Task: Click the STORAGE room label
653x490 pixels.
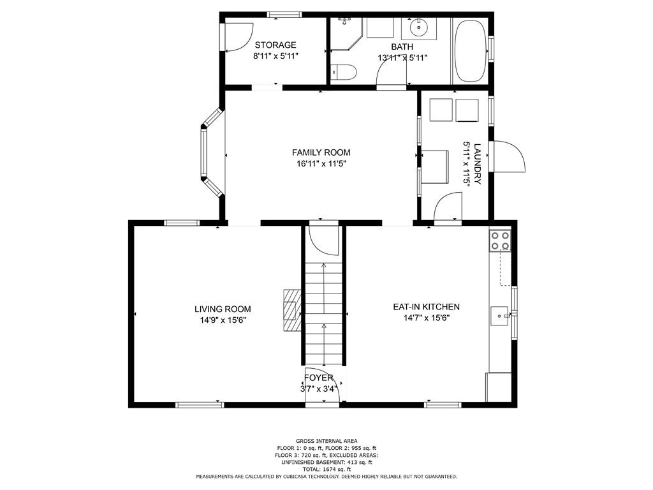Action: [x=275, y=45]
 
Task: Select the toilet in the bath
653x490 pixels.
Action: [x=344, y=73]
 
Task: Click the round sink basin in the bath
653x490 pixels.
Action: [x=418, y=28]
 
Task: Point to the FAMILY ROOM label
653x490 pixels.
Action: [x=321, y=152]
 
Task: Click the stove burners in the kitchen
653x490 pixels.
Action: [x=500, y=241]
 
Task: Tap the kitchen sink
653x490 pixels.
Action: [x=500, y=316]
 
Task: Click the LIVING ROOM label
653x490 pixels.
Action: [x=223, y=309]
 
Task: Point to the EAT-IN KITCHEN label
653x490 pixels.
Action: [x=427, y=307]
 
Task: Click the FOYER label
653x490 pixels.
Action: [x=319, y=378]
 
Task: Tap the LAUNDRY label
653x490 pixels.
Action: [x=477, y=164]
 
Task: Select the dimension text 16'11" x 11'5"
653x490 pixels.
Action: [x=321, y=164]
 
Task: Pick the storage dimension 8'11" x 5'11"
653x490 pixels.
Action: [x=275, y=56]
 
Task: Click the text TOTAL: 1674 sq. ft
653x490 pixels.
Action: [x=326, y=469]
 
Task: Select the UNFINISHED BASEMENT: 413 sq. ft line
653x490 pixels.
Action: [x=326, y=462]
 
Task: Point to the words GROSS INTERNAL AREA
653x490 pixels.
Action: [x=326, y=441]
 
